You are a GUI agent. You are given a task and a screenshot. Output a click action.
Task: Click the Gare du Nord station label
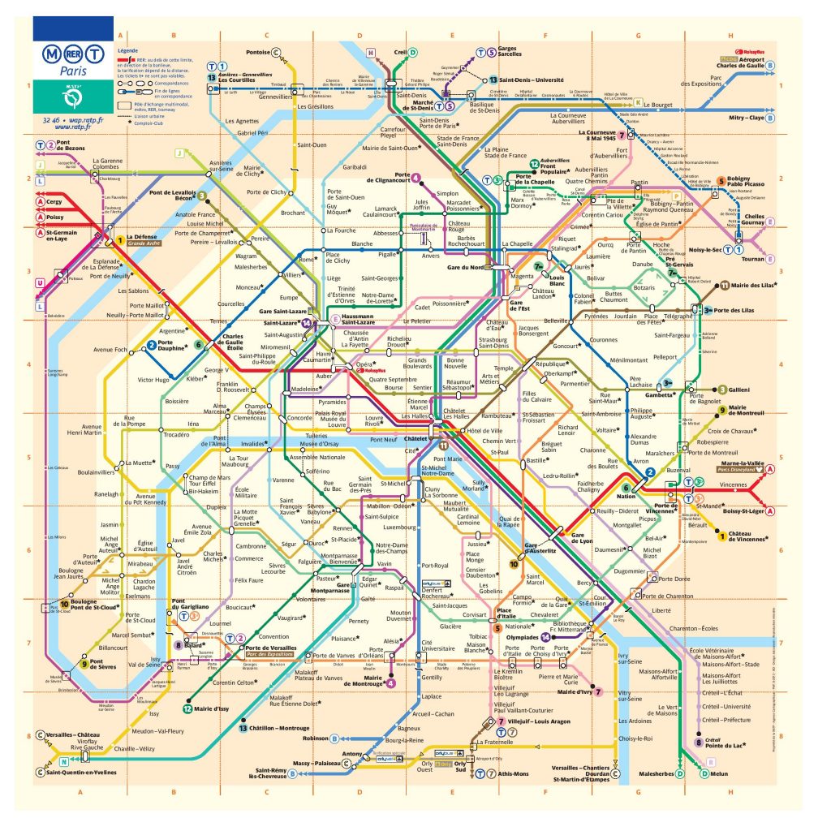(466, 267)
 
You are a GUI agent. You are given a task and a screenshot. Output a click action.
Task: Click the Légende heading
(128, 51)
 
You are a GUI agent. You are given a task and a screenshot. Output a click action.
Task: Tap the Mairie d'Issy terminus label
(211, 708)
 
